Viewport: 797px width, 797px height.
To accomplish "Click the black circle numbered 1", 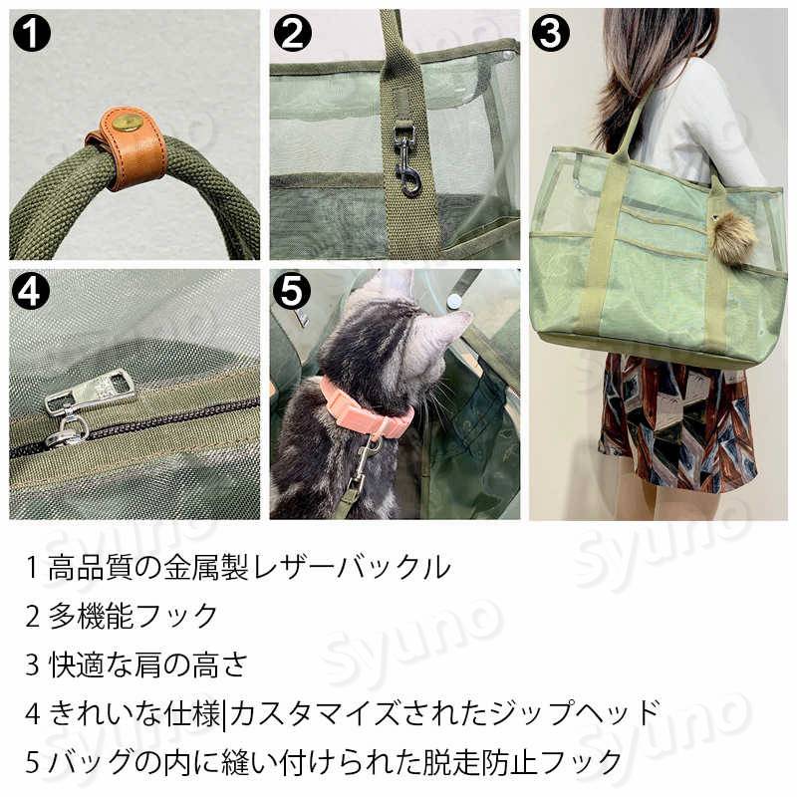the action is [x=32, y=33].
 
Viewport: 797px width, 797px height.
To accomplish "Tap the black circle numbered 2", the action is [x=292, y=33].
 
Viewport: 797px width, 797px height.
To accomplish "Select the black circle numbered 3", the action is [x=551, y=33].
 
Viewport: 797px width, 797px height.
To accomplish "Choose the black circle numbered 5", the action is [x=292, y=291].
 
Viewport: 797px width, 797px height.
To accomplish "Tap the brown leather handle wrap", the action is [x=128, y=147].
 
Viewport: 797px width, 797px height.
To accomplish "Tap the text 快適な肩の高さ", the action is [x=148, y=664].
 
